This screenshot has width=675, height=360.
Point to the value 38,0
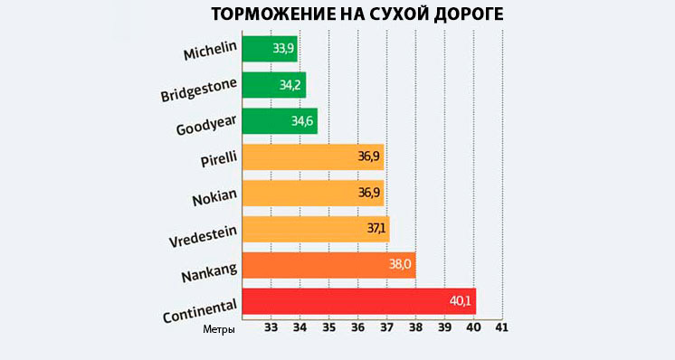(400, 265)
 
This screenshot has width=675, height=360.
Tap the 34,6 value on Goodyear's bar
(303, 121)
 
